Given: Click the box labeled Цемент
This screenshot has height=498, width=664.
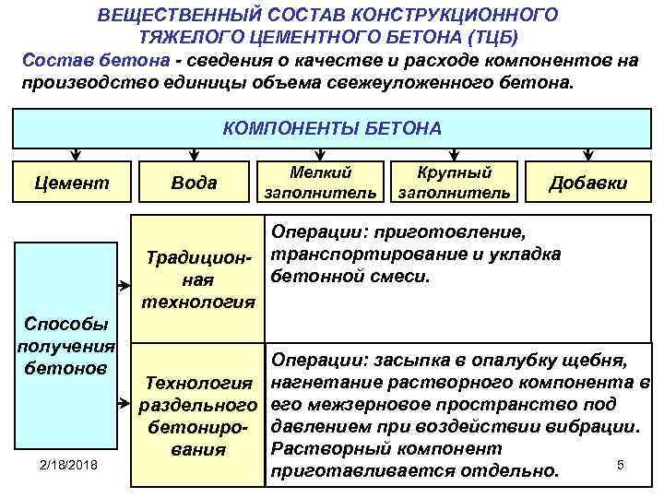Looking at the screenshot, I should pos(71,183).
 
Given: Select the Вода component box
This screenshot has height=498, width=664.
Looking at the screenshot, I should pos(194,183).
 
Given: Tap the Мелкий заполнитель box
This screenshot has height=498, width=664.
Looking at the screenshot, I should pos(320,183).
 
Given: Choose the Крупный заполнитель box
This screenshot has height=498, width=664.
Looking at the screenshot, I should pos(453,183).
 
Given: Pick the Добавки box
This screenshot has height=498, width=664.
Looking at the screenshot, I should pos(587,183).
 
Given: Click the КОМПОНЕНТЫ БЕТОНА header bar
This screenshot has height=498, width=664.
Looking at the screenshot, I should pos(332,128).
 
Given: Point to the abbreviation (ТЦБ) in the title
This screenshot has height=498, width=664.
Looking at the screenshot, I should pos(493,38).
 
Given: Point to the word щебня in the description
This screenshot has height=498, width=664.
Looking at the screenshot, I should pos(597,359).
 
